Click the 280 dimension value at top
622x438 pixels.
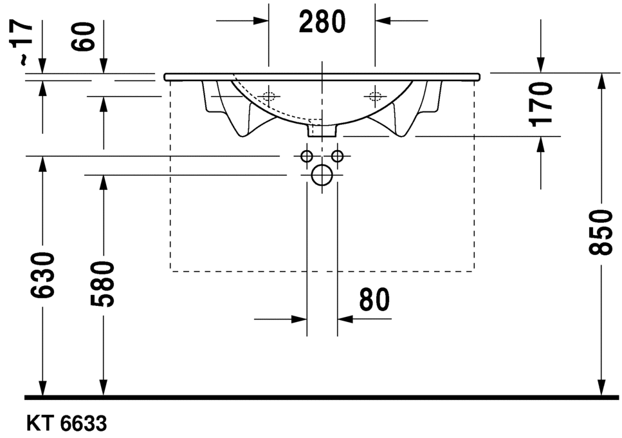pos(322,22)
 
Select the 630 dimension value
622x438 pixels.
pos(42,275)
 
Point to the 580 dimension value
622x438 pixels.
pos(102,284)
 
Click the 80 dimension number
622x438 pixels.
pos(374,300)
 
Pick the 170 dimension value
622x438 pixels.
pos(542,104)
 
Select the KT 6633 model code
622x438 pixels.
pos(66,424)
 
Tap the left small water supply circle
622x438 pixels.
pos(306,156)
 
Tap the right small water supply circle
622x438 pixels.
pos(336,156)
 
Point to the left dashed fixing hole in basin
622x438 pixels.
pos(268,97)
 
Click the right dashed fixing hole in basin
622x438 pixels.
pos(374,97)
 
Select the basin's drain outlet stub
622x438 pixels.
pos(321,131)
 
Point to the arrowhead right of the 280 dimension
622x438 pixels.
pos(383,21)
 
